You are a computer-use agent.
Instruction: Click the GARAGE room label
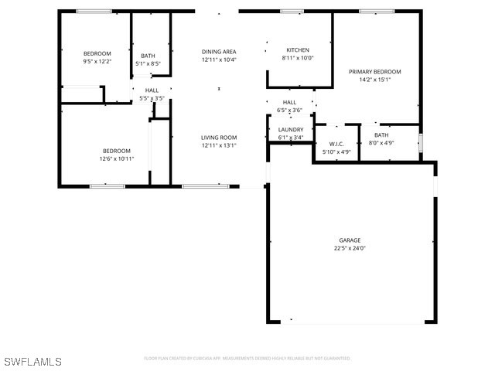350,240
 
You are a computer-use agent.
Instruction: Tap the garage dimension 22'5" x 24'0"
350,248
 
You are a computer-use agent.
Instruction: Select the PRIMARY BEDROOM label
375,71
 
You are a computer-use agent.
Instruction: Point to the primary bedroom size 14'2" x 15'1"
375,79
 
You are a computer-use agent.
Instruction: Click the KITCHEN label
298,49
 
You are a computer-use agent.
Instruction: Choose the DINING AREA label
219,52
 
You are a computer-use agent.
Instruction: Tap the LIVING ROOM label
219,138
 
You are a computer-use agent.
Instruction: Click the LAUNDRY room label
291,130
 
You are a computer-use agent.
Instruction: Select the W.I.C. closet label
336,144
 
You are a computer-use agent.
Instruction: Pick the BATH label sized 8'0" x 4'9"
381,135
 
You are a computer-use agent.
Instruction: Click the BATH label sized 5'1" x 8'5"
148,56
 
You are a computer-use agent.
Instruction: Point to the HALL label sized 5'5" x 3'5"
151,90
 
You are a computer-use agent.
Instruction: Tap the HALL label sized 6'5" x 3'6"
289,102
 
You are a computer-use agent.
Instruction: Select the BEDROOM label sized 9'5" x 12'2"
97,53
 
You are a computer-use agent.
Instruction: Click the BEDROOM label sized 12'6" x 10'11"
117,151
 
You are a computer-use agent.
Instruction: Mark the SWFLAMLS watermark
32,362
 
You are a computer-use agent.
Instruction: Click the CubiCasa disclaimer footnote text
247,359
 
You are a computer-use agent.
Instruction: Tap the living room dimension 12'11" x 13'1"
219,145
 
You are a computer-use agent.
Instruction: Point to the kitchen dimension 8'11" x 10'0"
298,58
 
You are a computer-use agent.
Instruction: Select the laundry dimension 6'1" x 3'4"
291,138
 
